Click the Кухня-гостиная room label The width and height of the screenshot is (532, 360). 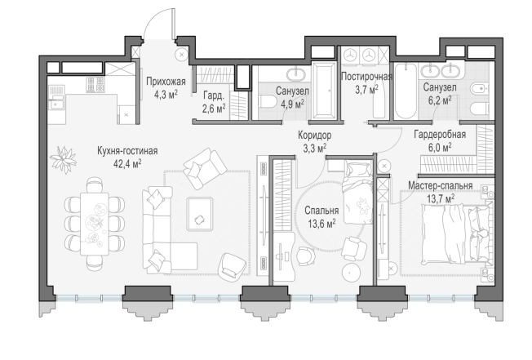(x=127, y=151)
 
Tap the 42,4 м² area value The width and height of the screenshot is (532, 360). (x=127, y=164)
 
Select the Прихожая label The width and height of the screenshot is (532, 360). (x=166, y=82)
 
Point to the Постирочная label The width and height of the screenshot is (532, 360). (x=366, y=77)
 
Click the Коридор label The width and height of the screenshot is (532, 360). (x=314, y=135)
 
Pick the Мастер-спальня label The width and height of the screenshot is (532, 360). (x=440, y=186)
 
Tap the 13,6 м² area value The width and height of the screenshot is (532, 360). (x=321, y=224)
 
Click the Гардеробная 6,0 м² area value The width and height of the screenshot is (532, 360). (x=440, y=147)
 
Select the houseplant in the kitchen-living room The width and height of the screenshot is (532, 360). (x=63, y=159)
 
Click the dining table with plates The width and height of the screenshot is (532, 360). (x=95, y=224)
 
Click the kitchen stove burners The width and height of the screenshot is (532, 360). (x=95, y=84)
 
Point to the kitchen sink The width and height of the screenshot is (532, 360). (x=56, y=102)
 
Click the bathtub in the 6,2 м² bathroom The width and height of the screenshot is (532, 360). (x=406, y=91)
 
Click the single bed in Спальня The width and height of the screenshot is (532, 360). (x=358, y=193)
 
